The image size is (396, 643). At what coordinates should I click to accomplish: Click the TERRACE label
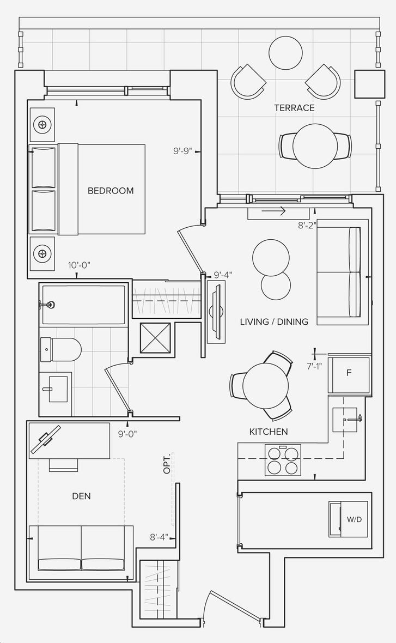(x=294, y=108)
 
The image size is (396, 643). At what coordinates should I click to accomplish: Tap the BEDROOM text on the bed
(x=111, y=191)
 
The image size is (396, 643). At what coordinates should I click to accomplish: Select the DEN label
(x=81, y=496)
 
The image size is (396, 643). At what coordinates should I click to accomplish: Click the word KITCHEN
(x=269, y=432)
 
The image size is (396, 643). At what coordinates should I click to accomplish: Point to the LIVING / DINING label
(x=274, y=322)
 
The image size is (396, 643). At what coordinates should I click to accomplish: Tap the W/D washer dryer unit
(x=349, y=519)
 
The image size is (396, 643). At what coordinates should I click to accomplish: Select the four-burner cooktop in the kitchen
(x=283, y=460)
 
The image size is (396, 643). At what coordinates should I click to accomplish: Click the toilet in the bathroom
(x=60, y=349)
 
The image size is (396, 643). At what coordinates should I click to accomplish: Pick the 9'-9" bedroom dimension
(x=182, y=151)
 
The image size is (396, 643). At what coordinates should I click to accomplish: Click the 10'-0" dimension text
(x=79, y=265)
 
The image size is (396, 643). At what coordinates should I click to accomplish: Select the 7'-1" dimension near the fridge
(x=314, y=366)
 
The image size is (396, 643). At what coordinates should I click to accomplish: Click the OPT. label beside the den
(x=167, y=464)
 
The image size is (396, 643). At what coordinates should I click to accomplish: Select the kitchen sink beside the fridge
(x=345, y=420)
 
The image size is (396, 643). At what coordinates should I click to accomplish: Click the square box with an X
(x=155, y=337)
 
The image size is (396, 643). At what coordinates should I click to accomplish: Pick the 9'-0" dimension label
(x=127, y=434)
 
